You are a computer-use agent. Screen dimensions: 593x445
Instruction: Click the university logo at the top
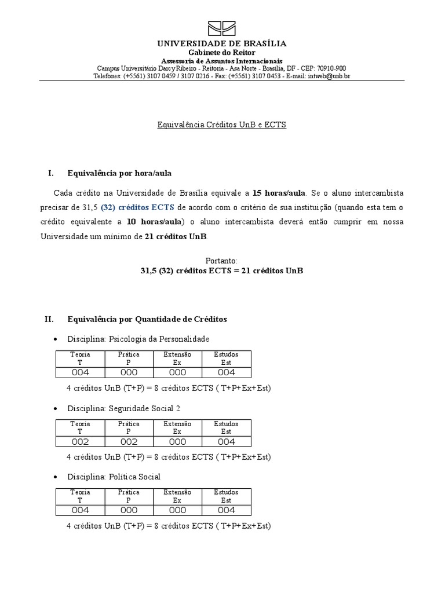pyautogui.click(x=222, y=28)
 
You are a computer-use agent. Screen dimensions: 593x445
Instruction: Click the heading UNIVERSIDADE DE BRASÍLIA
pyautogui.click(x=222, y=44)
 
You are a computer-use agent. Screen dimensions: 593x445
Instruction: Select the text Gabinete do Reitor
pyautogui.click(x=222, y=53)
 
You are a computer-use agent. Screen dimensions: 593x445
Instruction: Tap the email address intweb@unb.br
pyautogui.click(x=329, y=76)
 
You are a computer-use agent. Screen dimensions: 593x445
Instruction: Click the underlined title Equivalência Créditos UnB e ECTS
pyautogui.click(x=222, y=125)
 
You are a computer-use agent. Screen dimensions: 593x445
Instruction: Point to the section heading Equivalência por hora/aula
pyautogui.click(x=119, y=173)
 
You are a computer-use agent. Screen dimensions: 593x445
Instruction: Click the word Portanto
pyautogui.click(x=222, y=261)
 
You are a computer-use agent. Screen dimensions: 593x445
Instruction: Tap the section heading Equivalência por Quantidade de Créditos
pyautogui.click(x=147, y=319)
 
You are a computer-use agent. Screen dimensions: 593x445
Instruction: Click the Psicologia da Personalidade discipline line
pyautogui.click(x=138, y=339)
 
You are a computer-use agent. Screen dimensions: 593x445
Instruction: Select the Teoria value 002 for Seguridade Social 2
pyautogui.click(x=80, y=442)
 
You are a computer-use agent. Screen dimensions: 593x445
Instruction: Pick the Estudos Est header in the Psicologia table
pyautogui.click(x=226, y=358)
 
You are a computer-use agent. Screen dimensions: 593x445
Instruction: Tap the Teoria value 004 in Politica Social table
pyautogui.click(x=80, y=510)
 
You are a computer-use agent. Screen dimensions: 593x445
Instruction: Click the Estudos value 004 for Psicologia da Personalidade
pyautogui.click(x=226, y=372)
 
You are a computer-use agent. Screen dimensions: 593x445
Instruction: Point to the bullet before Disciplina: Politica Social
pyautogui.click(x=55, y=477)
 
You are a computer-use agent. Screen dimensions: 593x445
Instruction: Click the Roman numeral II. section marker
pyautogui.click(x=49, y=319)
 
